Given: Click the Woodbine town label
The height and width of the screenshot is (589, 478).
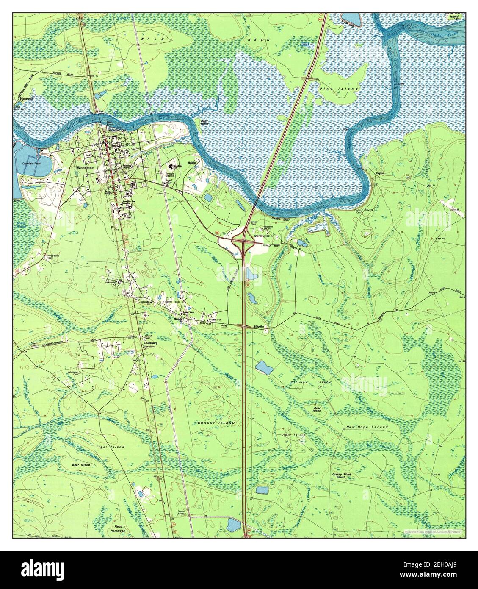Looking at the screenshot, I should [85, 168].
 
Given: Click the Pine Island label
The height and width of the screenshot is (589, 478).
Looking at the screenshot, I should [345, 89].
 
